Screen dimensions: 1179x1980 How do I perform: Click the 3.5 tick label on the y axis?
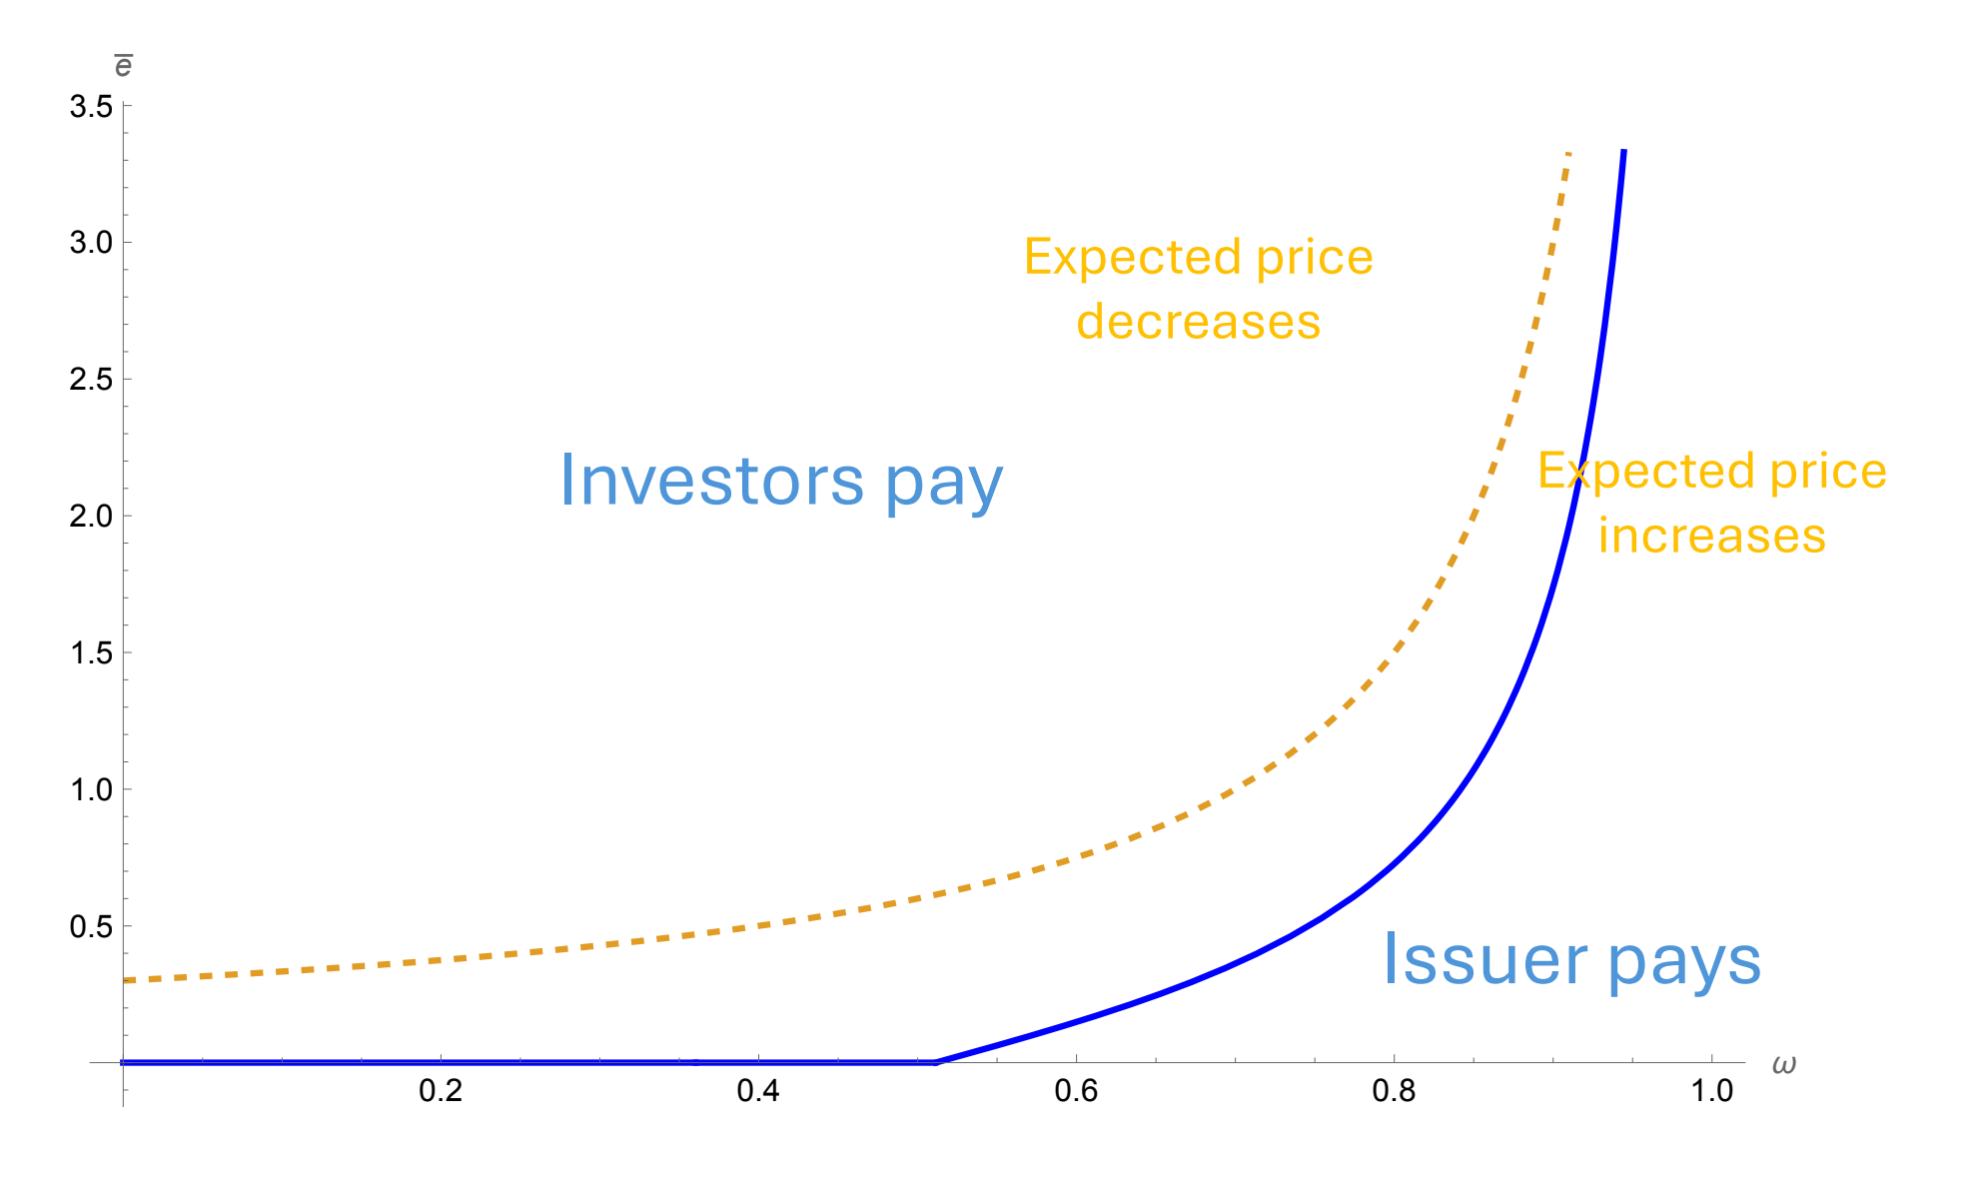pyautogui.click(x=91, y=106)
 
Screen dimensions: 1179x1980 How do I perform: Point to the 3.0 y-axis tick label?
pyautogui.click(x=91, y=243)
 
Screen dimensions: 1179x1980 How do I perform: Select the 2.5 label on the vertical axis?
pyautogui.click(x=91, y=380)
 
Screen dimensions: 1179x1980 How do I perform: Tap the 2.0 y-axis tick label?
pyautogui.click(x=91, y=517)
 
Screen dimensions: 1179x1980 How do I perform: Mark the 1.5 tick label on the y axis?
pyautogui.click(x=91, y=653)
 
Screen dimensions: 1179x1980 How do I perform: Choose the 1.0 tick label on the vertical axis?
pyautogui.click(x=91, y=790)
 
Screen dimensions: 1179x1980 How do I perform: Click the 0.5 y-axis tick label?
pyautogui.click(x=91, y=927)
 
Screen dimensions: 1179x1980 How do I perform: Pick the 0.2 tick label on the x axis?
pyautogui.click(x=441, y=1091)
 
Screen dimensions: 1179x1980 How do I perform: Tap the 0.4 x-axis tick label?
pyautogui.click(x=758, y=1091)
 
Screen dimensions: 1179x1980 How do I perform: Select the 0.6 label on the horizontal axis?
pyautogui.click(x=1076, y=1091)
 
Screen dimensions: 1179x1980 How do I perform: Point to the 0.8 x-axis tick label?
pyautogui.click(x=1394, y=1091)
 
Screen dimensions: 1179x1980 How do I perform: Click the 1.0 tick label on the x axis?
pyautogui.click(x=1711, y=1091)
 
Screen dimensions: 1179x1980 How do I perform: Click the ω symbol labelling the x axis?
pyautogui.click(x=1784, y=1065)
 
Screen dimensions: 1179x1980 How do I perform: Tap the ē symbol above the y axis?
pyautogui.click(x=123, y=66)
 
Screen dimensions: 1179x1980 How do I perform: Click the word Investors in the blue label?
pyautogui.click(x=711, y=482)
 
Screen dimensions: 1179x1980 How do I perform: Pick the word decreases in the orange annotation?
pyautogui.click(x=1199, y=323)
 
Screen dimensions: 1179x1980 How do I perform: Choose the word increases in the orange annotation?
pyautogui.click(x=1711, y=536)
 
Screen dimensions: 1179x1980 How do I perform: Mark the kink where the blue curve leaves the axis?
pyautogui.click(x=936, y=1062)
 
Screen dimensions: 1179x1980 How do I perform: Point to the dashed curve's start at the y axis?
pyautogui.click(x=125, y=980)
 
